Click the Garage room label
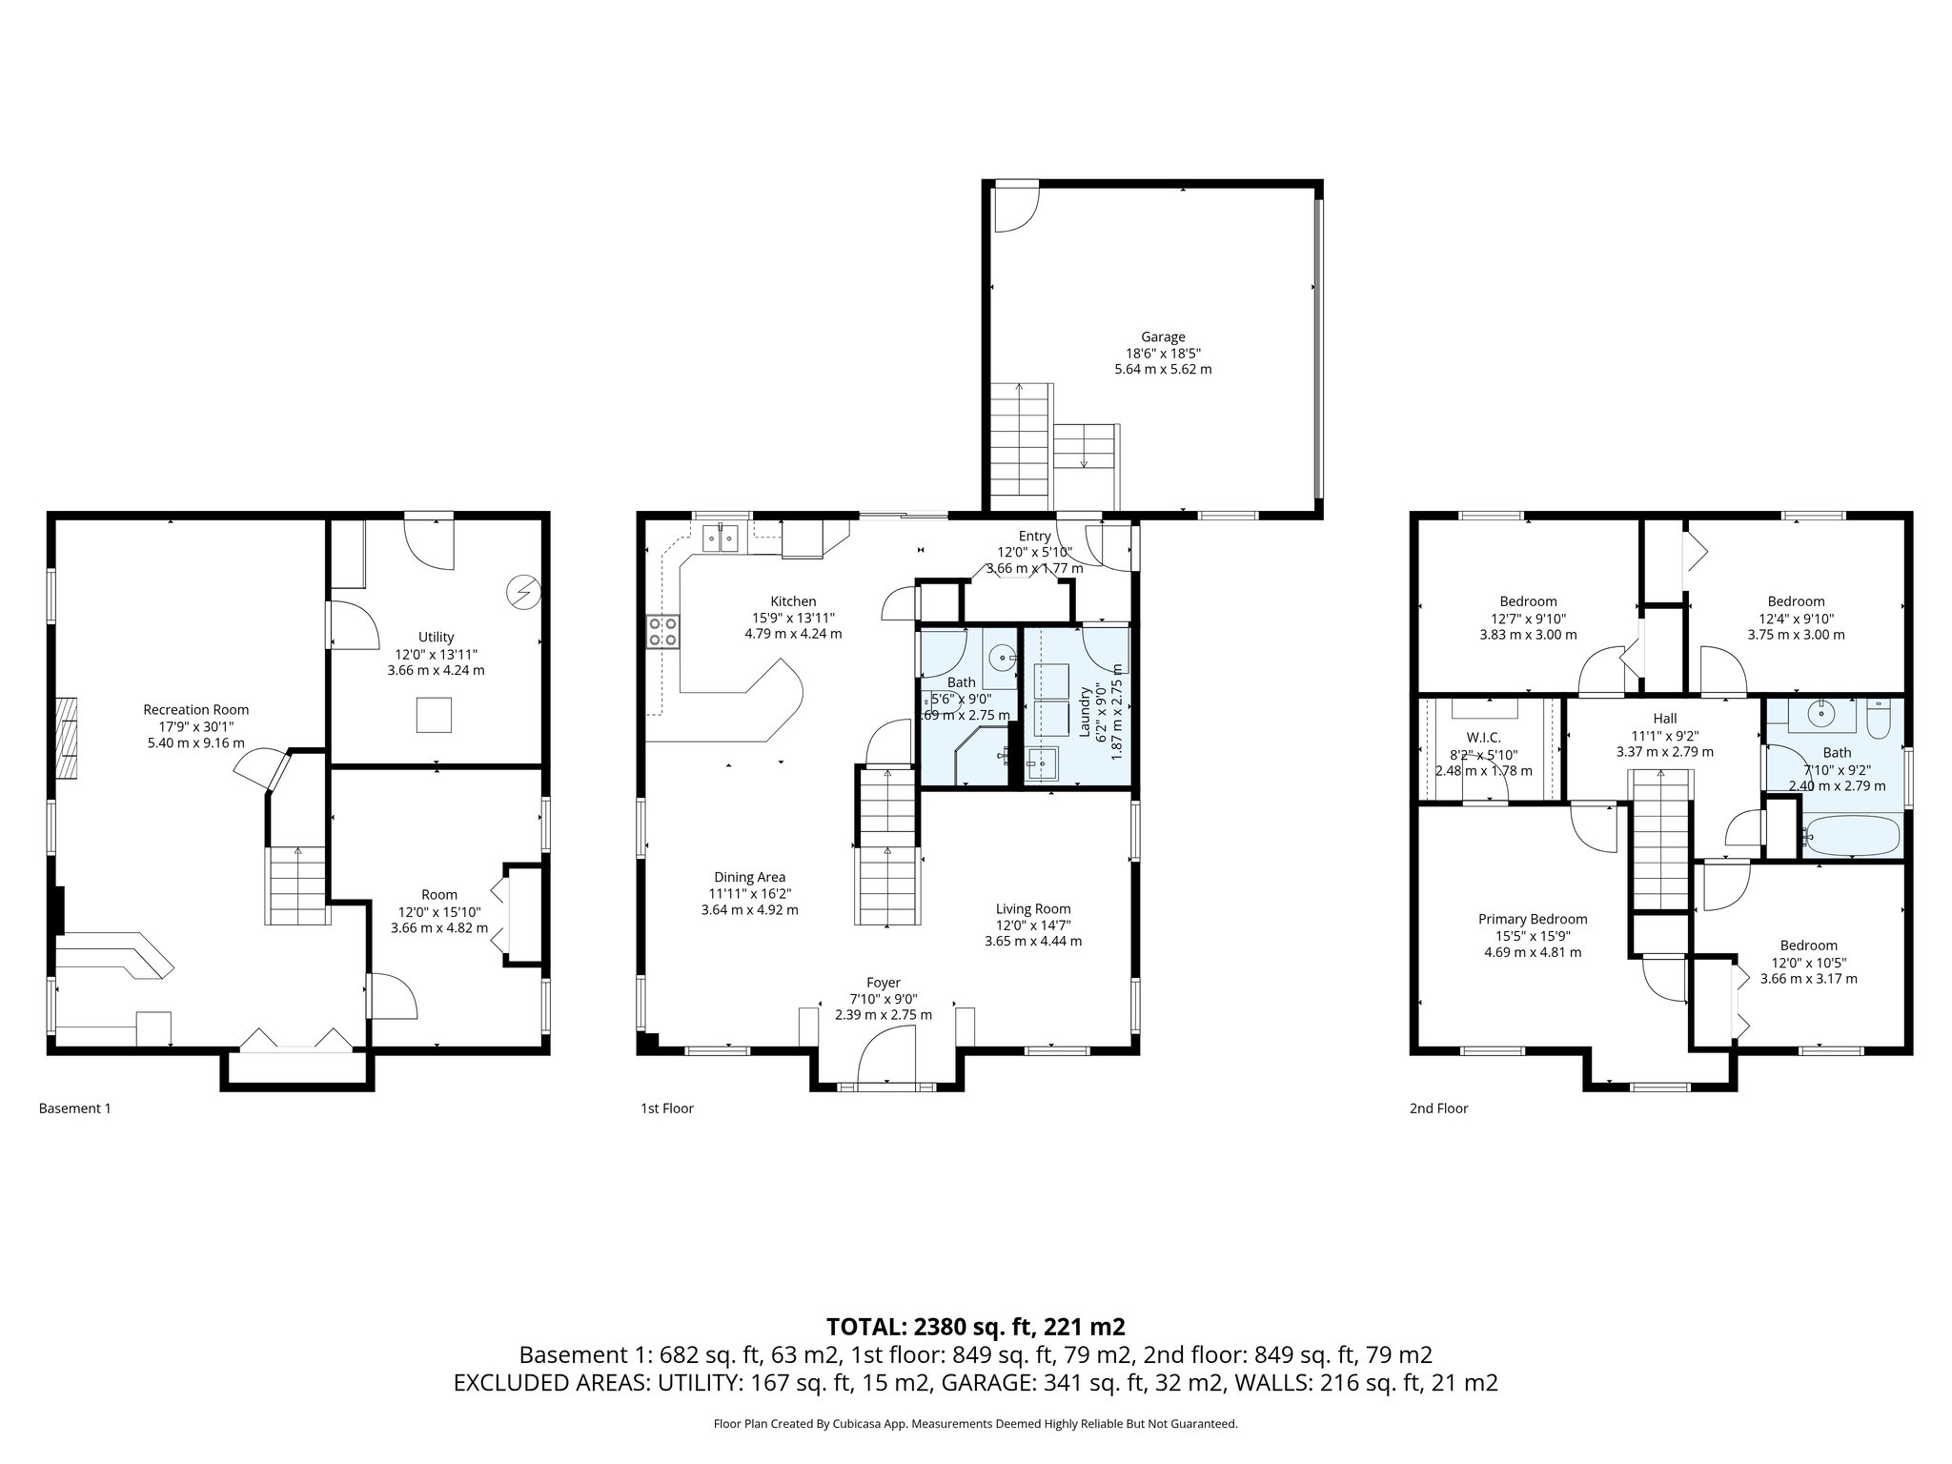(1163, 336)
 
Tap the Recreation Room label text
(195, 709)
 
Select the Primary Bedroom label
(1533, 919)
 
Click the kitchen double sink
(722, 539)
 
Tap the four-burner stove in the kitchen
(663, 631)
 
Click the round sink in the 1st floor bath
(1002, 657)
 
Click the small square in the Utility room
(435, 715)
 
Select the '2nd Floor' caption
(1438, 1108)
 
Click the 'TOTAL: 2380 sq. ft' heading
(975, 1326)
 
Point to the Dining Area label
(749, 877)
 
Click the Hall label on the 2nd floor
(1664, 719)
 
